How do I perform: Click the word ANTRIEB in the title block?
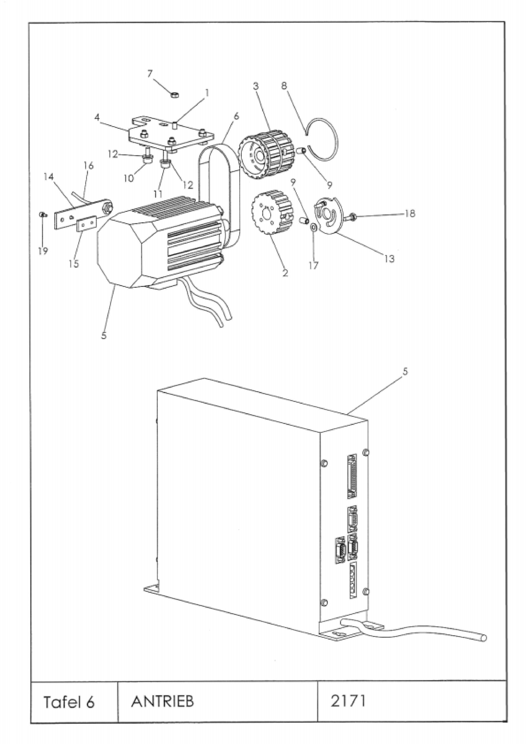[162, 702]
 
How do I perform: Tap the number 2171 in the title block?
[348, 701]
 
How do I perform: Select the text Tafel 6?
[69, 702]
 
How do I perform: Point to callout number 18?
[410, 214]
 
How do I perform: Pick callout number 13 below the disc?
[390, 259]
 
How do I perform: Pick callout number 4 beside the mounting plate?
[97, 117]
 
